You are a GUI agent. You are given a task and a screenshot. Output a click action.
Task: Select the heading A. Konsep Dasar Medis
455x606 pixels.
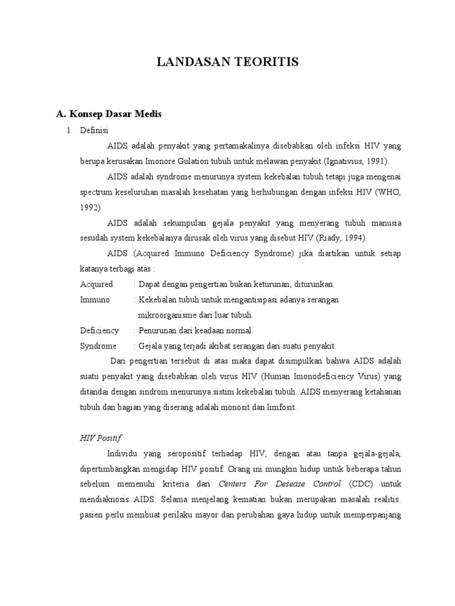tap(108, 114)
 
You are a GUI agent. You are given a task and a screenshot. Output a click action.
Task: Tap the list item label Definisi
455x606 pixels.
tap(94, 130)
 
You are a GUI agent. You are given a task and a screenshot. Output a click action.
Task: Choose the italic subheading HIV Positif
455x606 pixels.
tap(100, 437)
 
